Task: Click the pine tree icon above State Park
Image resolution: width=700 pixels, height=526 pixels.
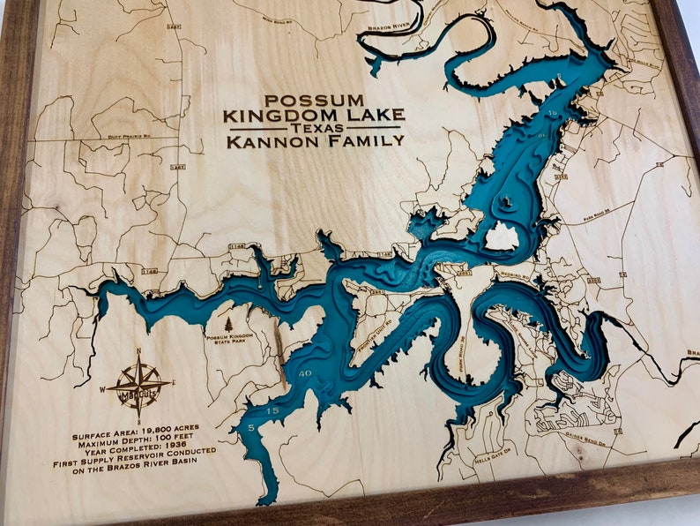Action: pos(229,325)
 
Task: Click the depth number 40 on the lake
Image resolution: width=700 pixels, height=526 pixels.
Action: pos(305,374)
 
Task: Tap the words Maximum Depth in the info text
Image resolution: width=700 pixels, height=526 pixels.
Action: pos(117,437)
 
